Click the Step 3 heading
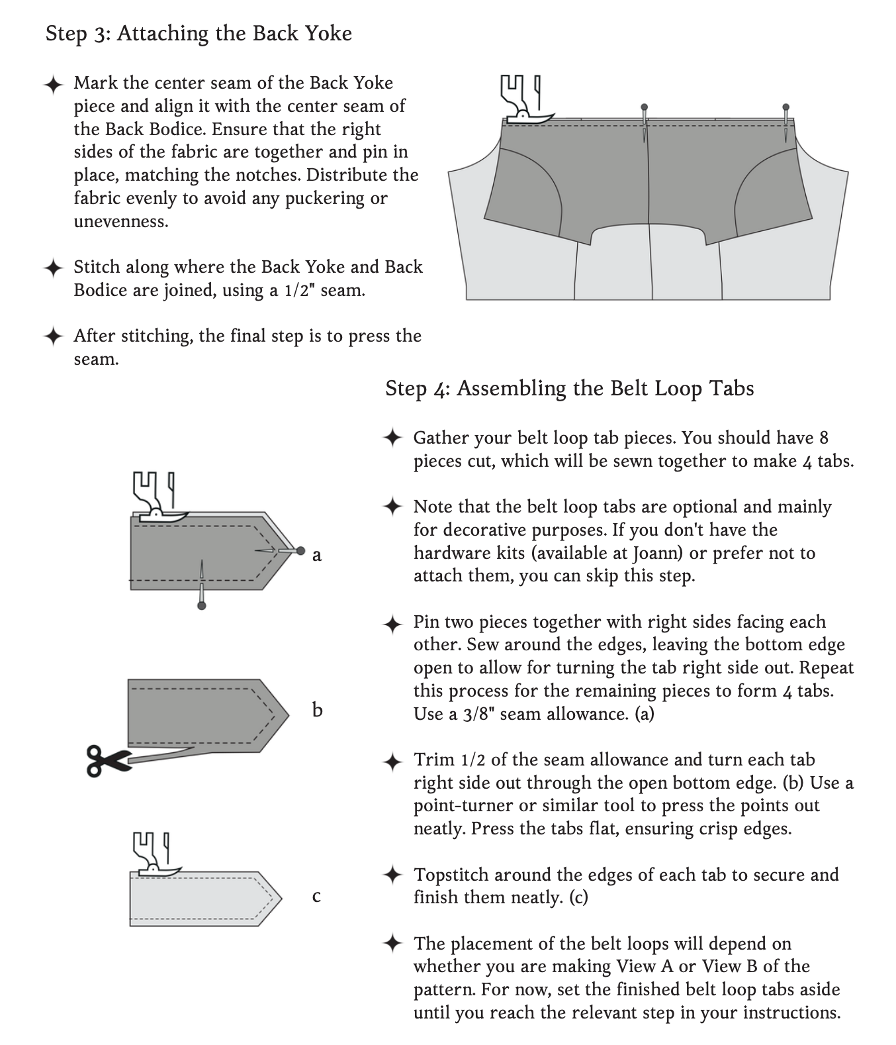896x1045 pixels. [x=199, y=33]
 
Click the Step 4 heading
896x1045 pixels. [x=569, y=388]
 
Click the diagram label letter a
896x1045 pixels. [x=317, y=555]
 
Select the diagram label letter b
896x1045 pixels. [x=317, y=711]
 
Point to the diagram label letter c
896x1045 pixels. [x=316, y=897]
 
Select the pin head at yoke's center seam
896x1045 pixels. [x=645, y=107]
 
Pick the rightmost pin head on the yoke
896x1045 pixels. [x=786, y=107]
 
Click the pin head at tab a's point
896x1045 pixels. [x=301, y=550]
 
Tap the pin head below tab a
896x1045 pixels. [x=202, y=605]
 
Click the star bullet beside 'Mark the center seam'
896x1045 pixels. [x=53, y=85]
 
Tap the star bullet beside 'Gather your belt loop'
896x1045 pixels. [x=392, y=438]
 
